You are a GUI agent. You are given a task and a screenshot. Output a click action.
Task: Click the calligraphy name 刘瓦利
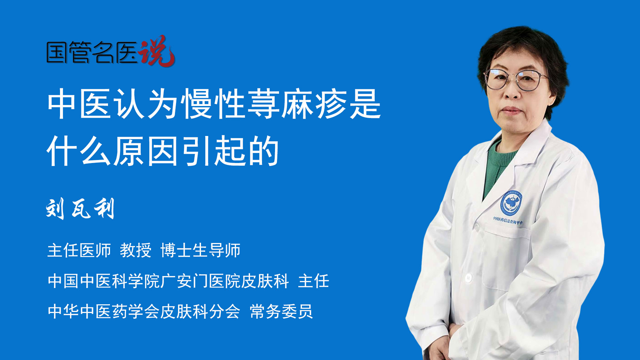[x=80, y=209]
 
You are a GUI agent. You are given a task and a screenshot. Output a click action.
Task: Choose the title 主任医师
[x=79, y=250]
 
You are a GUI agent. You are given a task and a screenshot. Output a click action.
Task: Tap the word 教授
[x=136, y=250]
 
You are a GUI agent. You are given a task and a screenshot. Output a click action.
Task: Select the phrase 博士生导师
[x=200, y=250]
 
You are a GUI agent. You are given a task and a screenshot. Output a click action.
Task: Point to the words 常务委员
[x=281, y=312]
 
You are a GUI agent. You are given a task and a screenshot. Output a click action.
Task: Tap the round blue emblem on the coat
[x=511, y=203]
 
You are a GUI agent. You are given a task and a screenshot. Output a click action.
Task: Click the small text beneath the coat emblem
[x=508, y=220]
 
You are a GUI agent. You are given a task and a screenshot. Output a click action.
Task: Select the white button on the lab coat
[x=469, y=277]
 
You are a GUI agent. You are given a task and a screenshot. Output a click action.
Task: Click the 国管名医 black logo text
[x=92, y=52]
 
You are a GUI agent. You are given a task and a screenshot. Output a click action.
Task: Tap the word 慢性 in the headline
[x=213, y=104]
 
